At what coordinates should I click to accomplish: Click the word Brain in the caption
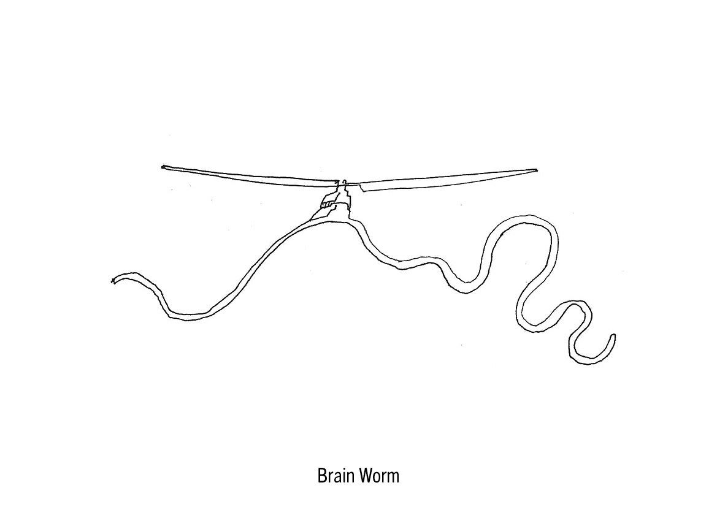[336, 476]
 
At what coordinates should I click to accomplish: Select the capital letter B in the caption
[322, 476]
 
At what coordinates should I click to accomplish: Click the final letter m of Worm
[393, 477]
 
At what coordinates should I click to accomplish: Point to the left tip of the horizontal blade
[164, 166]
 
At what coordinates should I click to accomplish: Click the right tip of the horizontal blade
[536, 170]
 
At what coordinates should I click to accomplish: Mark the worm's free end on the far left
[113, 280]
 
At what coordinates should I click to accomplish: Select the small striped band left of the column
[329, 203]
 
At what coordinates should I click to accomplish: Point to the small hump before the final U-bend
[575, 305]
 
